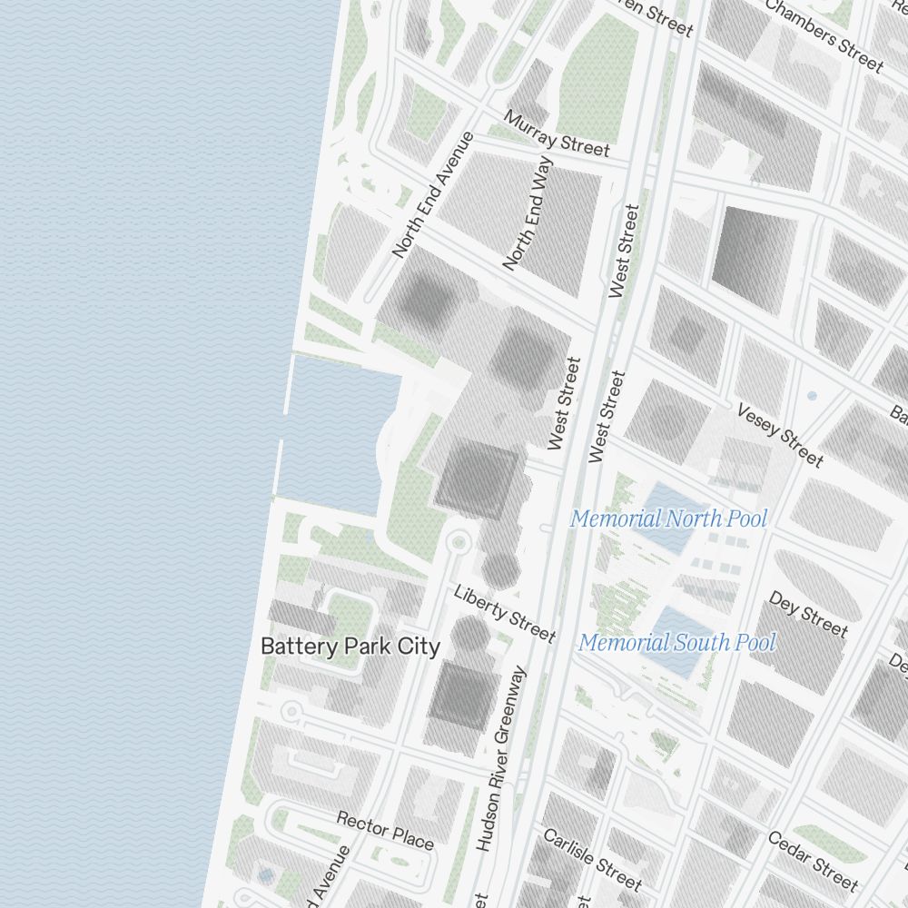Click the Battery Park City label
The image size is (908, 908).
(x=350, y=646)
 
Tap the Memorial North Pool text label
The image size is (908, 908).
(x=668, y=519)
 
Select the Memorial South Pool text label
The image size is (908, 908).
(x=677, y=643)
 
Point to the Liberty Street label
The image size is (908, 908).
(x=504, y=614)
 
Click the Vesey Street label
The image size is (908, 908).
(x=780, y=436)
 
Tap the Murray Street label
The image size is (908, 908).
(x=557, y=133)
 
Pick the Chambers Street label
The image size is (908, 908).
(x=824, y=35)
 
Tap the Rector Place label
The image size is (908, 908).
(x=385, y=830)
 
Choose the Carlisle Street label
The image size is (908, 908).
(x=591, y=858)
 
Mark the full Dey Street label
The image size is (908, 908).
(x=807, y=614)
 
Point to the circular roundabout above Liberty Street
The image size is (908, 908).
(x=458, y=543)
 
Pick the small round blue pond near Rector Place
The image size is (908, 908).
(x=264, y=876)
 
